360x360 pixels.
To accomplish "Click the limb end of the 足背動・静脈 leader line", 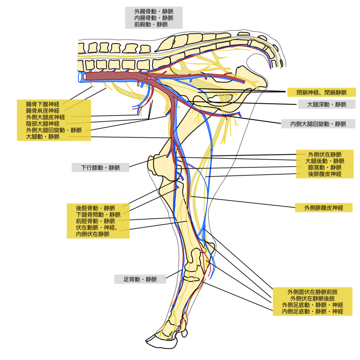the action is click(182, 270).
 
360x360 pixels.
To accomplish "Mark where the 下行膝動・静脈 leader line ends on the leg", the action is click(166, 155).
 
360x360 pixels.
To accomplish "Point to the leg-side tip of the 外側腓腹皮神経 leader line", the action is click(191, 196).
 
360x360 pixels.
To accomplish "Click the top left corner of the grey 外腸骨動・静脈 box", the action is click(125, 7).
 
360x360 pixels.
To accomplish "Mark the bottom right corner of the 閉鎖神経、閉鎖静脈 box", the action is click(356, 97).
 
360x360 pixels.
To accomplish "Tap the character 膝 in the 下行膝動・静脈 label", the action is click(95, 168).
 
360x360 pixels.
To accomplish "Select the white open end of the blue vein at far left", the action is click(81, 77).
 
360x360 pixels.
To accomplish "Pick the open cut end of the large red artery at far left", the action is click(85, 76).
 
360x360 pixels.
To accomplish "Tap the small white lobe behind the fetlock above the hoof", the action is click(185, 333).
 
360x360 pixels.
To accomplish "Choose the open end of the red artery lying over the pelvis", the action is click(244, 81).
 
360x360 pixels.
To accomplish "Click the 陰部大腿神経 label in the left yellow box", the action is click(43, 124).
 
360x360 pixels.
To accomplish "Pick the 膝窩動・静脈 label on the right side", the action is click(324, 167).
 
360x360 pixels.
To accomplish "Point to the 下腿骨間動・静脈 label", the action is click(98, 215).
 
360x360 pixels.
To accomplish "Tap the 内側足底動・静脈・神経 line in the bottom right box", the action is click(313, 311).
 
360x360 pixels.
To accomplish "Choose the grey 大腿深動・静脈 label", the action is click(327, 104).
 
